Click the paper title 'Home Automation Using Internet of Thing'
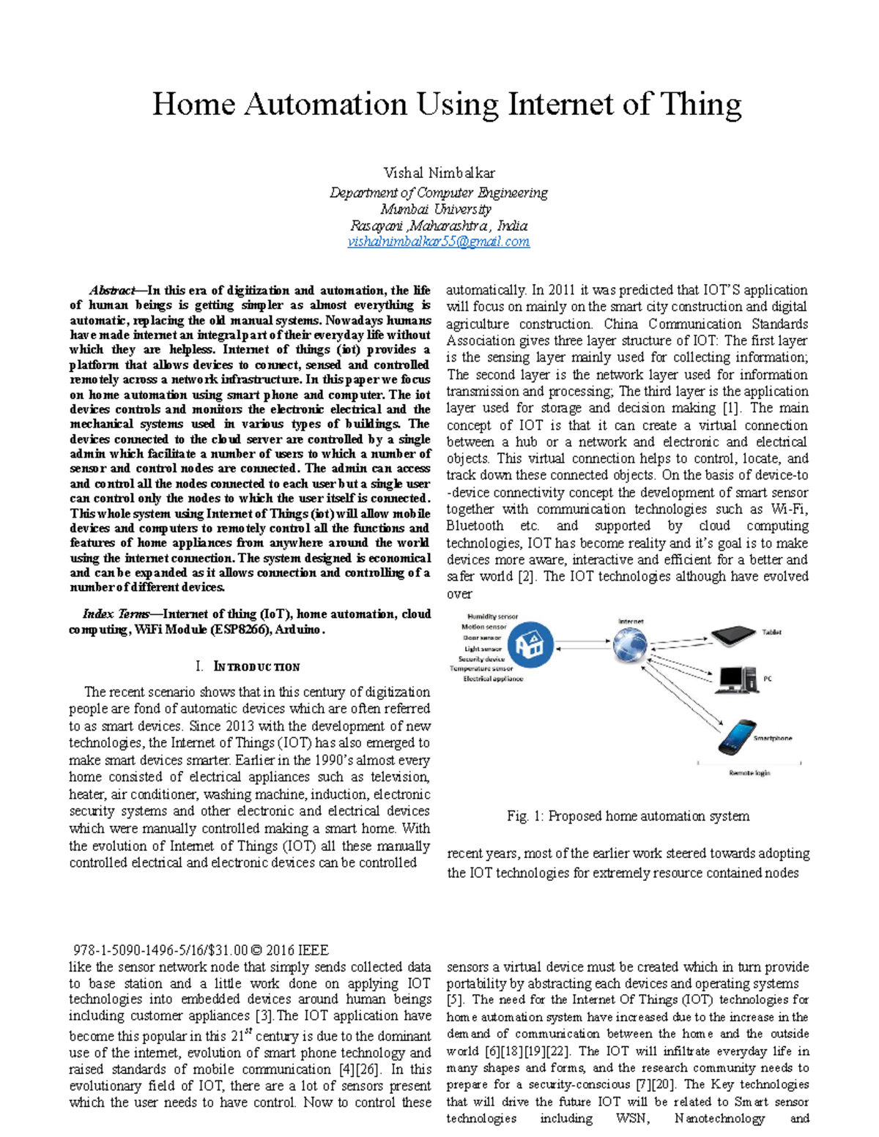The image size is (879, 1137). point(446,104)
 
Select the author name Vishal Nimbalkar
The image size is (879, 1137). point(439,173)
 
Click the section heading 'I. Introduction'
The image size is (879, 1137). point(248,667)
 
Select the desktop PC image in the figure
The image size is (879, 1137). point(737,679)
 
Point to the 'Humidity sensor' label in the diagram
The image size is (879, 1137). point(492,616)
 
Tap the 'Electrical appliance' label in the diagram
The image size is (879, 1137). point(493,679)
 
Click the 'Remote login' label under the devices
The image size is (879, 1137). point(749,773)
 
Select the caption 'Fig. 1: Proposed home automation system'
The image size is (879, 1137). point(628,816)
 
